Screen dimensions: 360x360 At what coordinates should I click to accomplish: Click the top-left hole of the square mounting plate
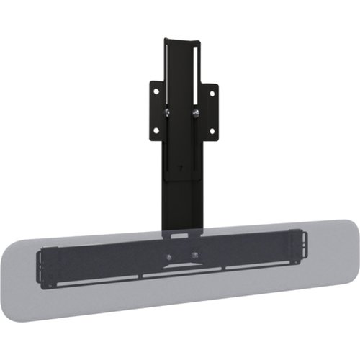155,92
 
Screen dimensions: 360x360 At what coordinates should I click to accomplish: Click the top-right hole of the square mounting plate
212,92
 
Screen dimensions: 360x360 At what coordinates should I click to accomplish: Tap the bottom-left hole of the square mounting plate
156,131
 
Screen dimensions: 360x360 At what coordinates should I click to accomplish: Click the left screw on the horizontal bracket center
169,256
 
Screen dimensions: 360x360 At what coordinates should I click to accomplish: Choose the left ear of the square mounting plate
155,112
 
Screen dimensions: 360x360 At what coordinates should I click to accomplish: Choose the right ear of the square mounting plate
212,112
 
